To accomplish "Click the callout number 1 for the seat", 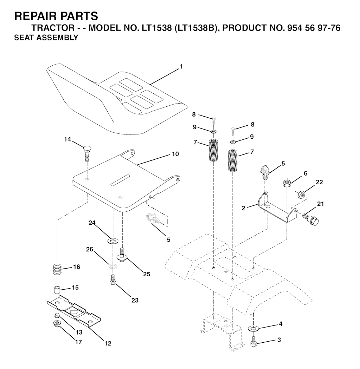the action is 181,67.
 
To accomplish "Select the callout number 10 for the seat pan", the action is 175,154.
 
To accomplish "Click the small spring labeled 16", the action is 57,269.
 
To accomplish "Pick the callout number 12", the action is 108,343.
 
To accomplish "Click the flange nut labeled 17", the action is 57,323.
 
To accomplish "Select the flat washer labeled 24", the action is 112,241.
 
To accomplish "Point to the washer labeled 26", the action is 113,266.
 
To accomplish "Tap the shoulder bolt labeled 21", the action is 310,219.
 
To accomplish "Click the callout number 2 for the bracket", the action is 244,208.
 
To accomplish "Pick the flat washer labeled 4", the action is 253,328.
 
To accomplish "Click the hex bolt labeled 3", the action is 253,342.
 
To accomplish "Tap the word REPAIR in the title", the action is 32,16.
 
